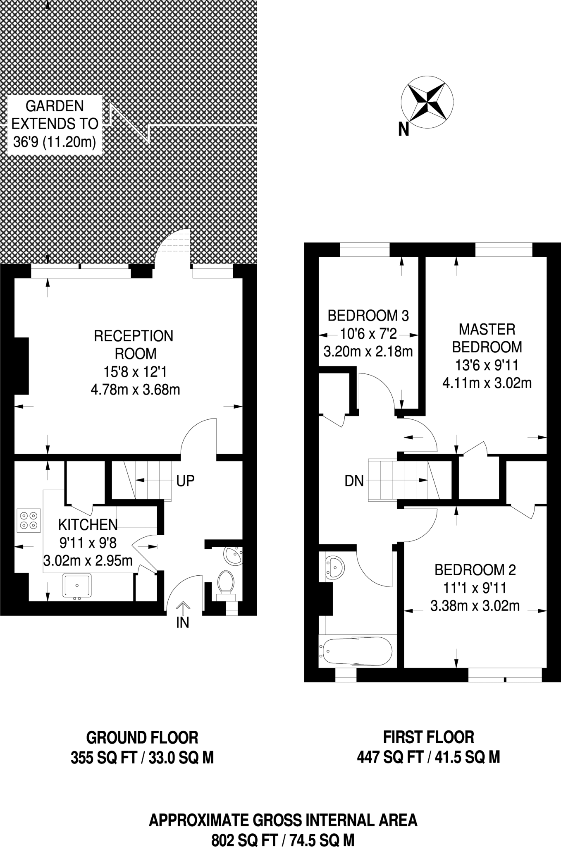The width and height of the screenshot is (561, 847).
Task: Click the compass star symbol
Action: tap(427, 101)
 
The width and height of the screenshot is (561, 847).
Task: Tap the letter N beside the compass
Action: tap(403, 130)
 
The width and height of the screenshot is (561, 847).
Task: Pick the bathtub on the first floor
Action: tap(356, 651)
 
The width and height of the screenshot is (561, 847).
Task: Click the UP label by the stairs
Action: tap(185, 481)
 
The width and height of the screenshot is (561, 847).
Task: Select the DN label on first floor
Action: tap(354, 481)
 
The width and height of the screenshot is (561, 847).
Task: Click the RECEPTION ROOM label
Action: tap(134, 345)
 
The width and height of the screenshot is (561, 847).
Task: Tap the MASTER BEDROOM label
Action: tap(487, 338)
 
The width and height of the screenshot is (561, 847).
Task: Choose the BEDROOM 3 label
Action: tap(368, 316)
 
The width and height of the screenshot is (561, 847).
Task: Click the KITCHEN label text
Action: tap(88, 524)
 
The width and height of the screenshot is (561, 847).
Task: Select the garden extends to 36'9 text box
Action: tap(55, 124)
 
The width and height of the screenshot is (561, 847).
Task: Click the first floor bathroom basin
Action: tap(334, 567)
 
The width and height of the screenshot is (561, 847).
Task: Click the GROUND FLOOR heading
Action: tap(142, 737)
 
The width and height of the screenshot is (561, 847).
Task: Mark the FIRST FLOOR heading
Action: tap(428, 737)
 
